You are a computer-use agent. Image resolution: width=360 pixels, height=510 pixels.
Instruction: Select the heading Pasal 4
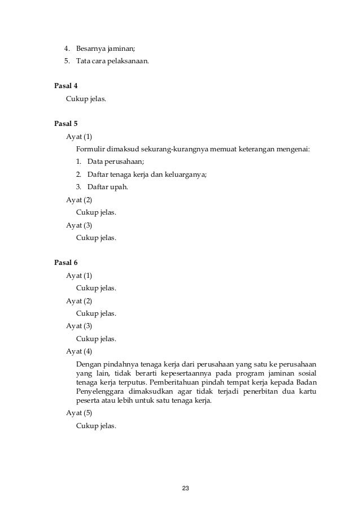click(65, 86)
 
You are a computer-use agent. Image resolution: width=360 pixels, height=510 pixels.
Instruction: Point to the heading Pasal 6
click(65, 263)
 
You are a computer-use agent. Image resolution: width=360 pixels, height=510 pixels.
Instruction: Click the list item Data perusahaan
click(112, 162)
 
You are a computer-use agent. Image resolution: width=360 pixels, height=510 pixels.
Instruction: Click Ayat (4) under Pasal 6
click(79, 351)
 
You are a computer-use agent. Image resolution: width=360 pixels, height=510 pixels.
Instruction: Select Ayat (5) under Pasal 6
click(79, 413)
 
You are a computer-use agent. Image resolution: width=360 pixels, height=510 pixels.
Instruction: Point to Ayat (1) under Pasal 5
click(79, 137)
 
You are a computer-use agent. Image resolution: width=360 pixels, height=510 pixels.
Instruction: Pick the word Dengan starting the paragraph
click(88, 363)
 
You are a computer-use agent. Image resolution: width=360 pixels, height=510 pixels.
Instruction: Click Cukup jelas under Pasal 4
click(86, 99)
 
